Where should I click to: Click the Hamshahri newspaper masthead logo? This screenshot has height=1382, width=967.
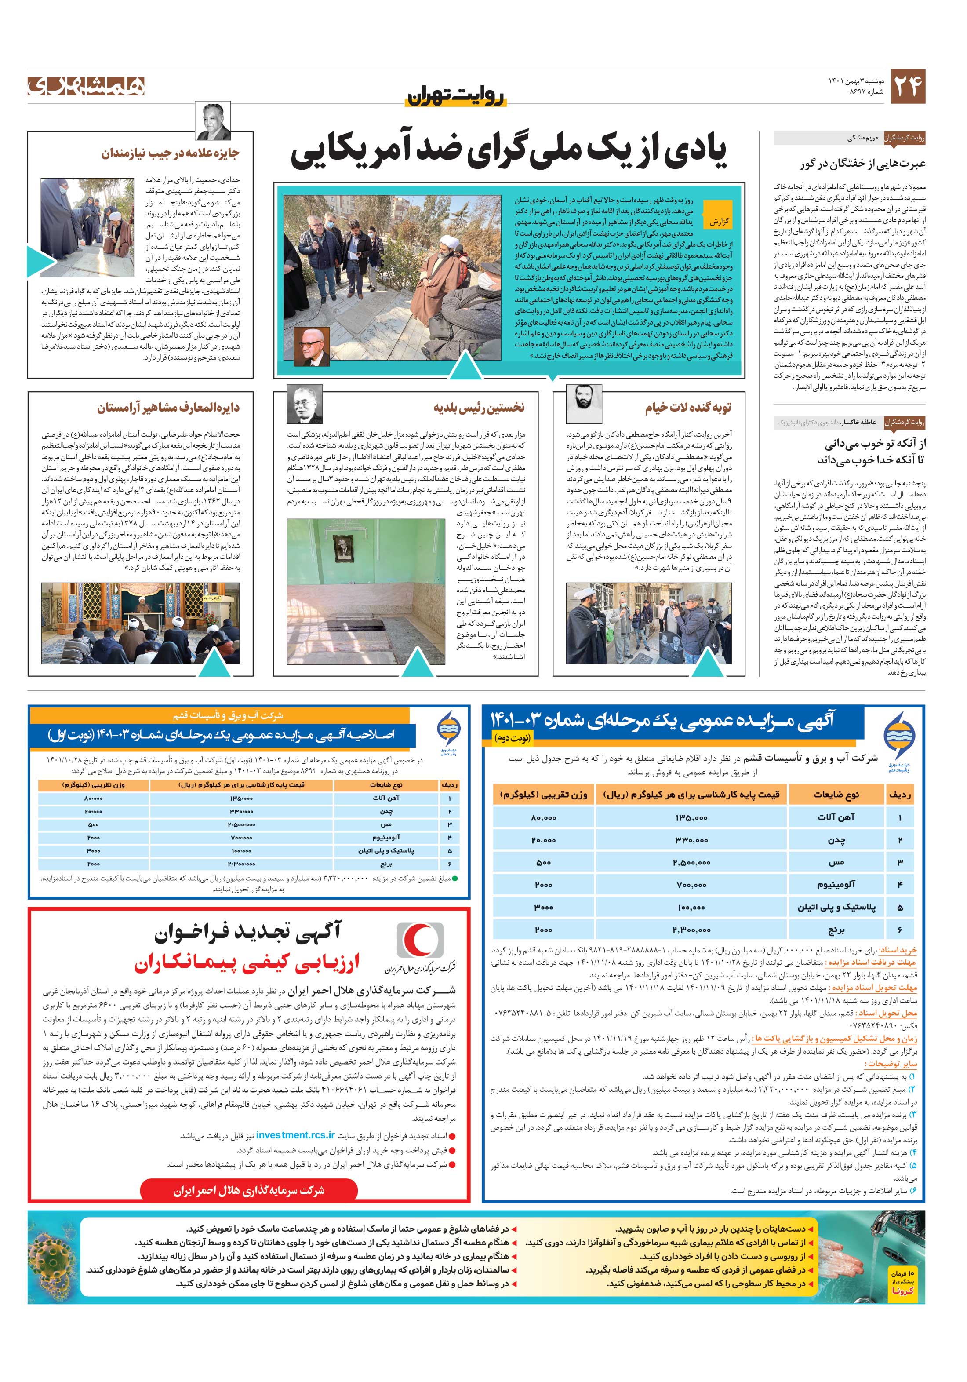pyautogui.click(x=86, y=86)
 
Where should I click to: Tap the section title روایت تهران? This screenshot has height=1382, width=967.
pyautogui.click(x=457, y=96)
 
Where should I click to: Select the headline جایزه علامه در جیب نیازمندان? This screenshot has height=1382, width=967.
pyautogui.click(x=170, y=153)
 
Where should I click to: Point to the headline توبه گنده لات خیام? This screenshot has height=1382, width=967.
pyautogui.click(x=688, y=408)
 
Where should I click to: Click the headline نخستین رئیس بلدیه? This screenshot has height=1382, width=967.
pyautogui.click(x=479, y=408)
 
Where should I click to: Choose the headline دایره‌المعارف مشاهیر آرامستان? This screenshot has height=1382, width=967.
pyautogui.click(x=168, y=408)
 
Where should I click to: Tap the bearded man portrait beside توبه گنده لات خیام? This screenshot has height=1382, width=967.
pyautogui.click(x=583, y=404)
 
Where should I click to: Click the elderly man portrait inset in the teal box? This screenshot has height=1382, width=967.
pyautogui.click(x=312, y=346)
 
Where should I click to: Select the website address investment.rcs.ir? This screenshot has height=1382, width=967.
pyautogui.click(x=295, y=1134)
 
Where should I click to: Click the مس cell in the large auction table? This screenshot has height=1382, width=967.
pyautogui.click(x=836, y=862)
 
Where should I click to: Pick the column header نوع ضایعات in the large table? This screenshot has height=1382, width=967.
pyautogui.click(x=836, y=795)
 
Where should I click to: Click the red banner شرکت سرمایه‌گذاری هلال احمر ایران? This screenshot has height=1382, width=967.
pyautogui.click(x=249, y=1191)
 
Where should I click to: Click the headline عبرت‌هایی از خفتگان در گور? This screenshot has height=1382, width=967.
pyautogui.click(x=862, y=164)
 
